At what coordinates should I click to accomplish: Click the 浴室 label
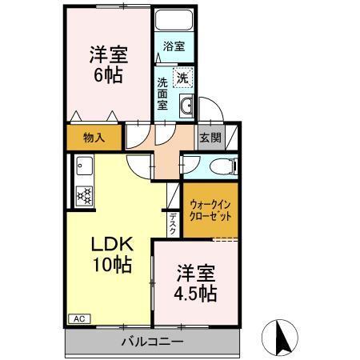click(x=173, y=46)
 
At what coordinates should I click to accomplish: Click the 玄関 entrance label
click(x=210, y=137)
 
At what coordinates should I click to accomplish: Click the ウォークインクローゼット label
click(x=212, y=210)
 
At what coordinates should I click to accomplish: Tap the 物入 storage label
click(x=95, y=137)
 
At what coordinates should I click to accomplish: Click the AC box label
click(x=78, y=318)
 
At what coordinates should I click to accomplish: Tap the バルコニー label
click(x=152, y=342)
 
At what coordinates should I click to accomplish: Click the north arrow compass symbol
click(x=281, y=336)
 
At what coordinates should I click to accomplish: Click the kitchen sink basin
click(x=84, y=167)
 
